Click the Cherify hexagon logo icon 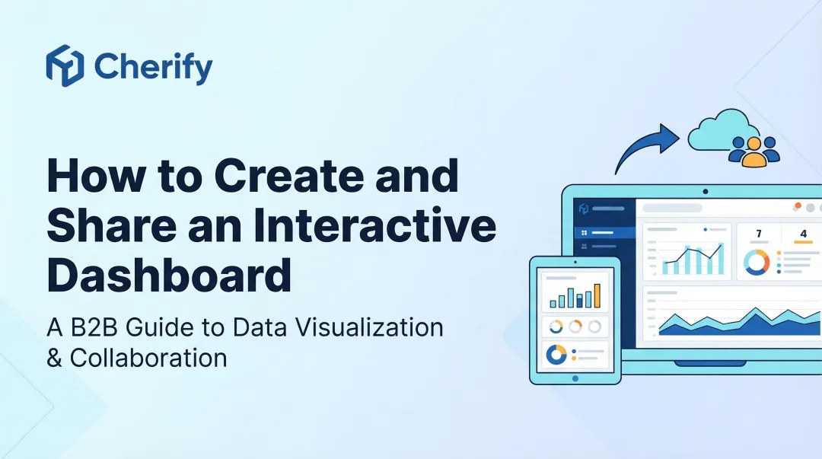click(65, 65)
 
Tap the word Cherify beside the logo click(153, 67)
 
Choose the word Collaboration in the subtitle click(148, 357)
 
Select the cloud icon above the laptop click(719, 131)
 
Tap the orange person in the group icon click(753, 153)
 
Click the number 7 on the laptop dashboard click(758, 234)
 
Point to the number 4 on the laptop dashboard click(803, 234)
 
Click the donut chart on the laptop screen click(757, 263)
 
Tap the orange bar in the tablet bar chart click(597, 295)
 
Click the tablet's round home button click(575, 378)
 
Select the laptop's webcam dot click(705, 192)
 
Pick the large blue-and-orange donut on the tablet click(556, 355)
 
